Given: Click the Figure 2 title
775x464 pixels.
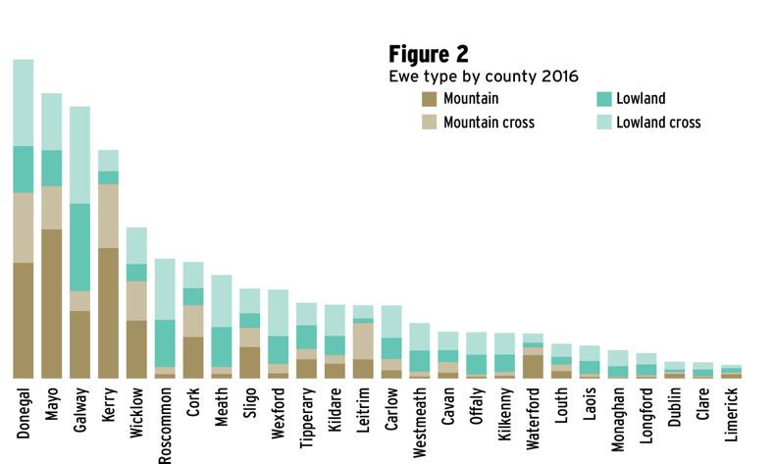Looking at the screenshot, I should point(429,53).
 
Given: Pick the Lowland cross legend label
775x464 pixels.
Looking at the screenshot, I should point(658,123).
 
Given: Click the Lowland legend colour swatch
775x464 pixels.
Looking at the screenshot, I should point(603,98).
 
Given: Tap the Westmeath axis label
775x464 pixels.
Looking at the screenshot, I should point(420,422).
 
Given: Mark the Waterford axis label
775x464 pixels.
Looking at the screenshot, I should point(533,420).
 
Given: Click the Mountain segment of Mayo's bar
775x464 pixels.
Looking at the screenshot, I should point(52,303).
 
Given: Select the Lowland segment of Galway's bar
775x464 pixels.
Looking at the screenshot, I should point(80,246).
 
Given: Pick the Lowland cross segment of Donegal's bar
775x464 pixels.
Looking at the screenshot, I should point(24,102).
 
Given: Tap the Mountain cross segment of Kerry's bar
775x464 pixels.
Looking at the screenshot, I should point(109,215).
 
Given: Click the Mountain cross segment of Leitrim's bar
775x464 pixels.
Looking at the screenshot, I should point(363,340).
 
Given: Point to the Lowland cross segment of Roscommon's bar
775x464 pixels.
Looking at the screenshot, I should point(166,288).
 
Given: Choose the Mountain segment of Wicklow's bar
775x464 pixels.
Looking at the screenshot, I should point(137,348).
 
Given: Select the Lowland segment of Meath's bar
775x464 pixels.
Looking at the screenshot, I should point(222,346).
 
